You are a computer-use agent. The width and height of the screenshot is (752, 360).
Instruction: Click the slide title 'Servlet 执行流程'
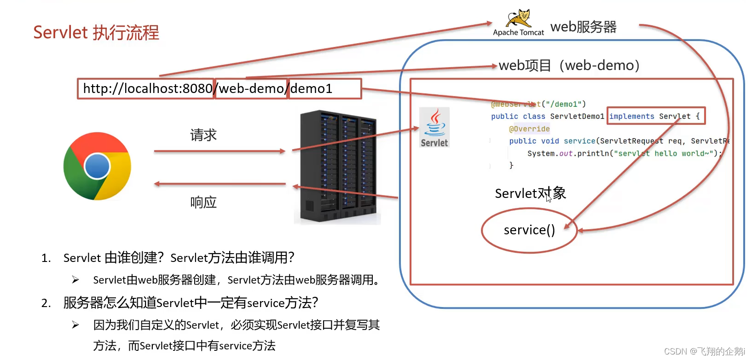pyautogui.click(x=96, y=33)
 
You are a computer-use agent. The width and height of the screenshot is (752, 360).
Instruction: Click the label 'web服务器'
pyautogui.click(x=583, y=27)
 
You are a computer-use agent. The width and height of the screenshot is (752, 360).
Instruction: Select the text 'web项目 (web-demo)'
pyautogui.click(x=569, y=65)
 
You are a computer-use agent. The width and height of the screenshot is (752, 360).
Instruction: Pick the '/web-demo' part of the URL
pyautogui.click(x=251, y=88)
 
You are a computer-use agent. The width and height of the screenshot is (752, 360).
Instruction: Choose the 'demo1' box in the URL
pyautogui.click(x=324, y=88)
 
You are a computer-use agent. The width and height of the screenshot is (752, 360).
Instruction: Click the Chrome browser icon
pyautogui.click(x=97, y=166)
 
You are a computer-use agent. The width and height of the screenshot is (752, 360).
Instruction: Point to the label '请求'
pyautogui.click(x=203, y=135)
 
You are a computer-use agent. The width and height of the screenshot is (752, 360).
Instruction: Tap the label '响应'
pyautogui.click(x=203, y=202)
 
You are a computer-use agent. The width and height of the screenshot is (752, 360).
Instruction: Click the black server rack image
pyautogui.click(x=338, y=167)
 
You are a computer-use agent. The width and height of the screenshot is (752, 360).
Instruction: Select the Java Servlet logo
pyautogui.click(x=434, y=128)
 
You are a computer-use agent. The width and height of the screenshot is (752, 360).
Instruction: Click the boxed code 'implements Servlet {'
pyautogui.click(x=655, y=116)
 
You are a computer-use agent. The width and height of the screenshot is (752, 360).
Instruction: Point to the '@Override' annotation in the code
pyautogui.click(x=529, y=129)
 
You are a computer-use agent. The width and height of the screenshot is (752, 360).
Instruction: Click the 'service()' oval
pyautogui.click(x=529, y=230)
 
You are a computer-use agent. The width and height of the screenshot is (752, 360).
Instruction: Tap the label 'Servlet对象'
pyautogui.click(x=530, y=193)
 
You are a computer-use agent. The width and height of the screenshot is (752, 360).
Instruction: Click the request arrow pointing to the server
pyautogui.click(x=220, y=151)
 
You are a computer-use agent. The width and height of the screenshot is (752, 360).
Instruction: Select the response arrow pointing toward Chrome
pyautogui.click(x=220, y=184)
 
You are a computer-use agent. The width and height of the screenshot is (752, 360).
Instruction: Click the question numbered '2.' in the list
pyautogui.click(x=191, y=303)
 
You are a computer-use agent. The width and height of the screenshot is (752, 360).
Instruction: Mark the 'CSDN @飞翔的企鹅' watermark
pyautogui.click(x=704, y=351)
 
